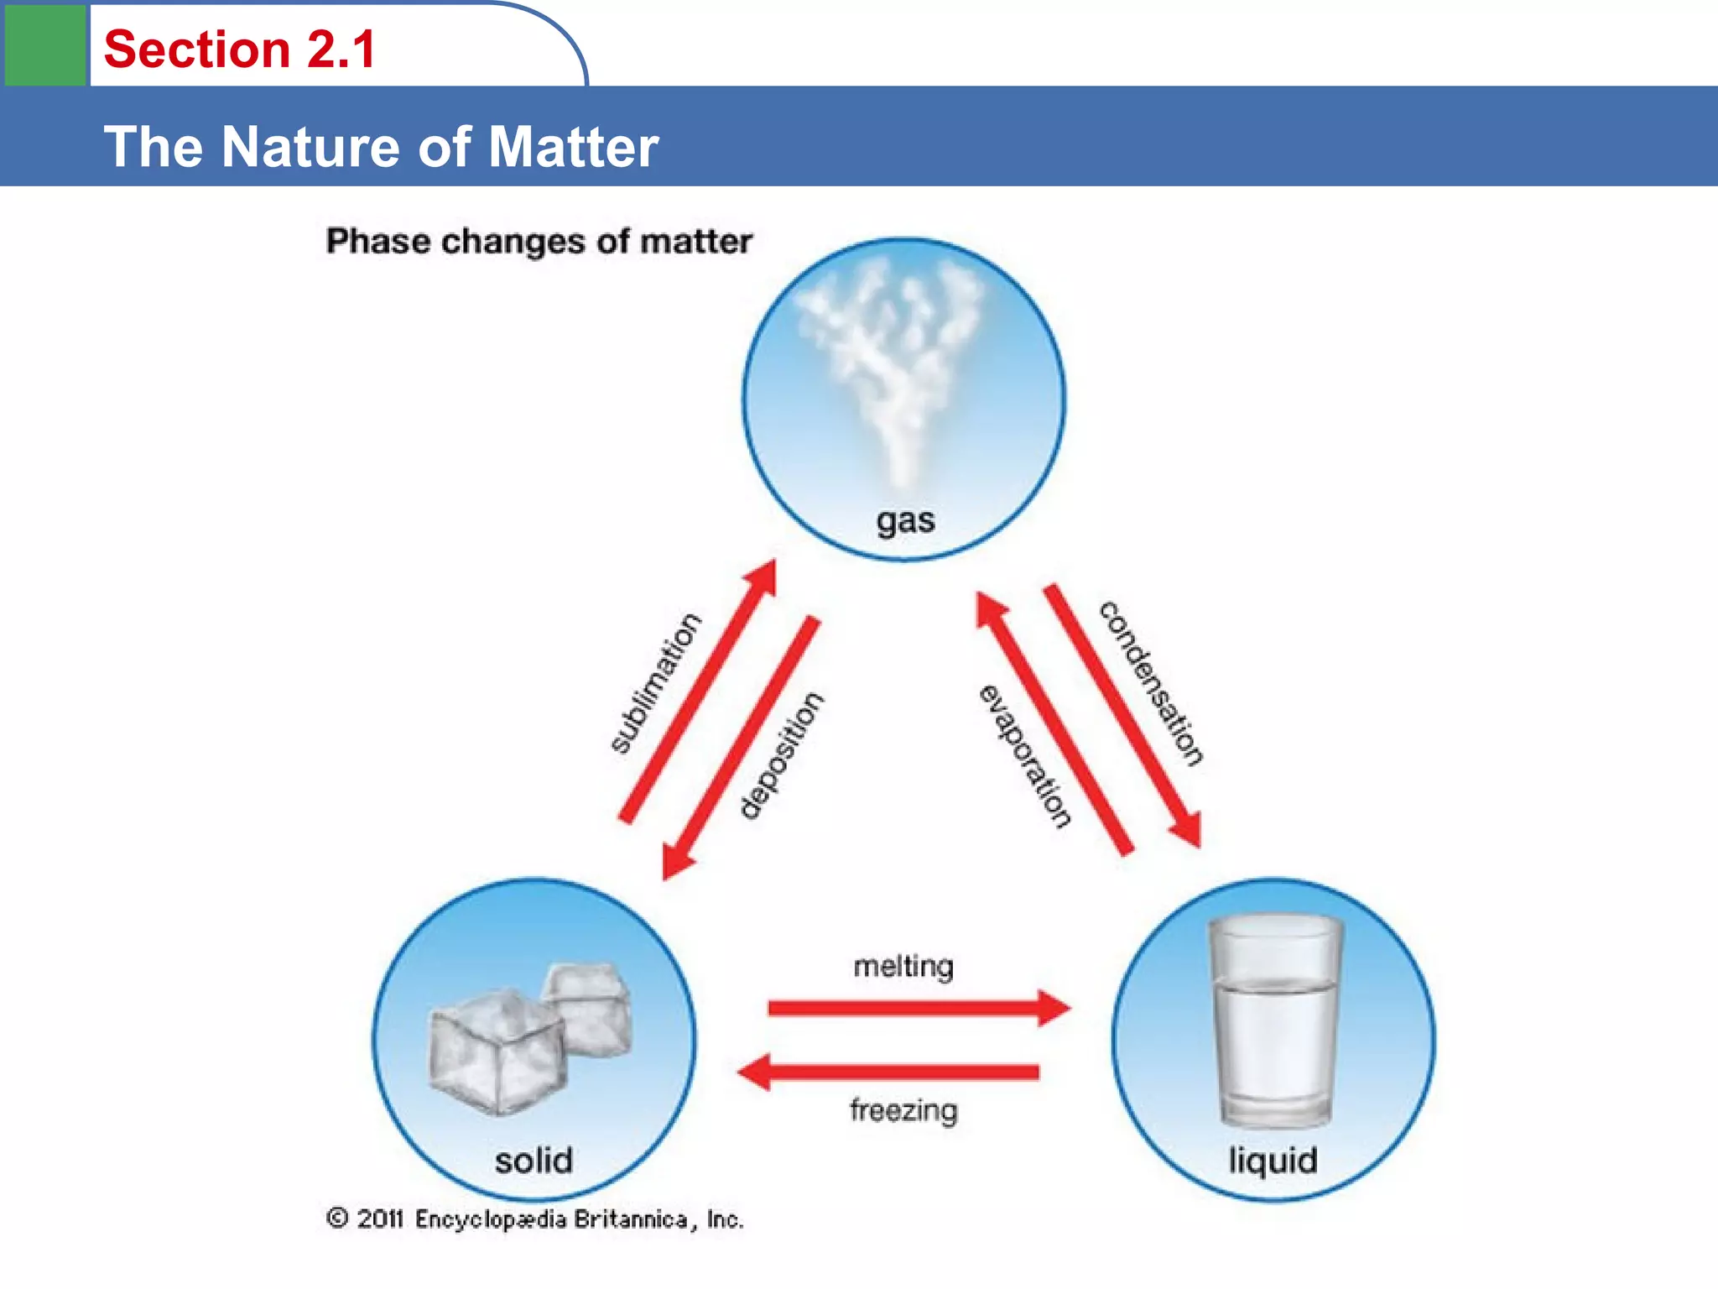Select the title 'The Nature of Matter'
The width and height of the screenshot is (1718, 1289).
(382, 147)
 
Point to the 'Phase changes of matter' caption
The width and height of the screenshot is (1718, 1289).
(539, 242)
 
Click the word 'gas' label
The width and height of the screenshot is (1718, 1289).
(905, 520)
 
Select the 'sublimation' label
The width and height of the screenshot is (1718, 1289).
(655, 683)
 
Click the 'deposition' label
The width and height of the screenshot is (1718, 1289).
(781, 754)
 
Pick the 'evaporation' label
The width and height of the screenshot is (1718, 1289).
(1025, 756)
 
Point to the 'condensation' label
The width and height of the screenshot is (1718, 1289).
(1152, 682)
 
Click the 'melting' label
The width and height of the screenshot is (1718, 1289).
(903, 966)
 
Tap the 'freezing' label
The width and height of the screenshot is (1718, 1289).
(903, 1110)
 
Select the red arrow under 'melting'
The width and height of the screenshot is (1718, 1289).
(919, 1007)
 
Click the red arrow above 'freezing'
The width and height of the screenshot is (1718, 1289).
(889, 1072)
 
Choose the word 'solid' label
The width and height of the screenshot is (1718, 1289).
(534, 1161)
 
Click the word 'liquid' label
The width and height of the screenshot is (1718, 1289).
(1273, 1161)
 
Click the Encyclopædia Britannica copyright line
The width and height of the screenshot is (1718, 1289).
(535, 1219)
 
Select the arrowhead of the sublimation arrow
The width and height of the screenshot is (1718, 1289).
(763, 577)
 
